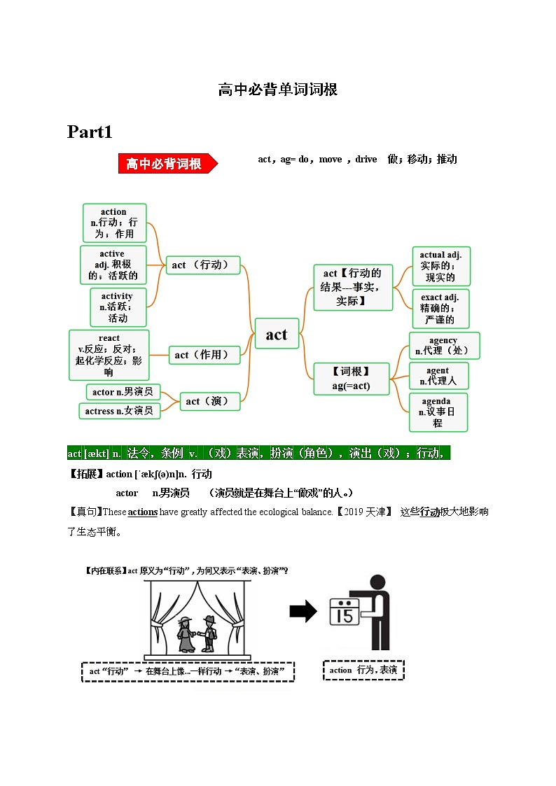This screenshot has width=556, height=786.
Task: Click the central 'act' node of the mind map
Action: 277,335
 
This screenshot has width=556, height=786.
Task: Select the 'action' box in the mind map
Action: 114,223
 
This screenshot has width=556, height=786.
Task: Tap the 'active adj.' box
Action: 113,265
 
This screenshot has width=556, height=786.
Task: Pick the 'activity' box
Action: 118,307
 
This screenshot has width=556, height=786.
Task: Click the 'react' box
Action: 109,356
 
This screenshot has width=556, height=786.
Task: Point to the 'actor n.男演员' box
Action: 123,392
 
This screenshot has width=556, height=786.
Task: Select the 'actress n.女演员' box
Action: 119,411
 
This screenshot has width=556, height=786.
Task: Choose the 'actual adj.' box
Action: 440,266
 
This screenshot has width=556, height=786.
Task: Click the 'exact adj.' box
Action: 440,309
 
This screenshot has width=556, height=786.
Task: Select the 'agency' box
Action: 444,346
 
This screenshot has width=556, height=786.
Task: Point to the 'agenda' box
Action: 438,412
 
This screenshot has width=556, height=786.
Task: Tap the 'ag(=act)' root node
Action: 351,379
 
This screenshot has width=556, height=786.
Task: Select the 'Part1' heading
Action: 90,132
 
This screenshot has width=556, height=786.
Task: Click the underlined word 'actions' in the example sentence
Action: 143,512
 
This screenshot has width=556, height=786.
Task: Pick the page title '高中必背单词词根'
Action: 278,90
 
